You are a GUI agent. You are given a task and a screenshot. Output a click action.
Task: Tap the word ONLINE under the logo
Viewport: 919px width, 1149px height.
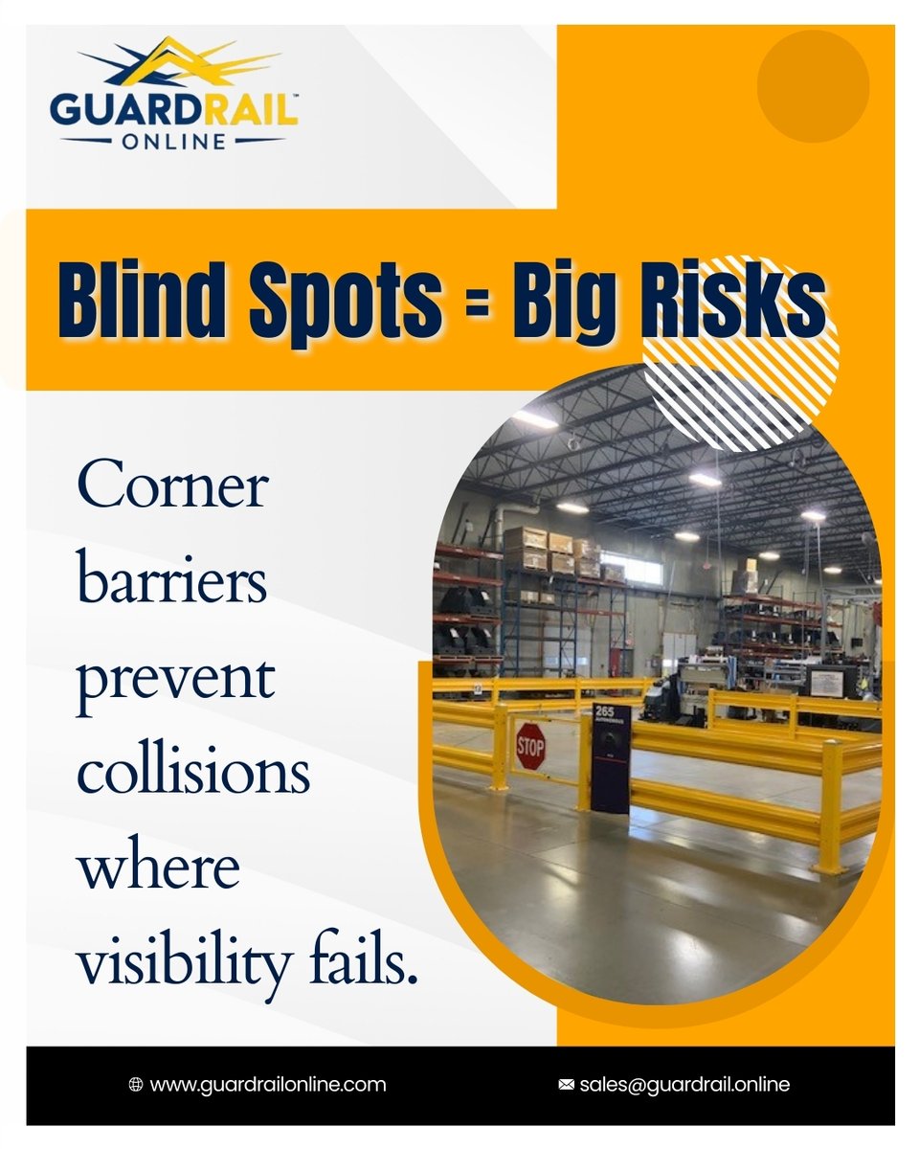174,141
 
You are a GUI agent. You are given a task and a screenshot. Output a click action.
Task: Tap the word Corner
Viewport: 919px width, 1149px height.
172,488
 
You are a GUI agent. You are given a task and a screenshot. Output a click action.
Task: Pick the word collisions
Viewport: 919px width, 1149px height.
193,772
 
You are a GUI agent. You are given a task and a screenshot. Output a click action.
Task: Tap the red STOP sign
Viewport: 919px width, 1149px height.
529,746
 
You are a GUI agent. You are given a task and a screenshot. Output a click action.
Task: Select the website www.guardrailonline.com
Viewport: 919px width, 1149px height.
268,1085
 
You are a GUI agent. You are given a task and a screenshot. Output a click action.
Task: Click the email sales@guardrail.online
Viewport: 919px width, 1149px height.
684,1085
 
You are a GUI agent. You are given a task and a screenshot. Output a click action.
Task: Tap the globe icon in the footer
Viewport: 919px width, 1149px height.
136,1085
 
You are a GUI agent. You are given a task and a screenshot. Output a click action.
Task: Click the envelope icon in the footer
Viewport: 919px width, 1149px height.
566,1085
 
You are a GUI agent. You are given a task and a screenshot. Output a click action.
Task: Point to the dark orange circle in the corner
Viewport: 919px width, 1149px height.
813,86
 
